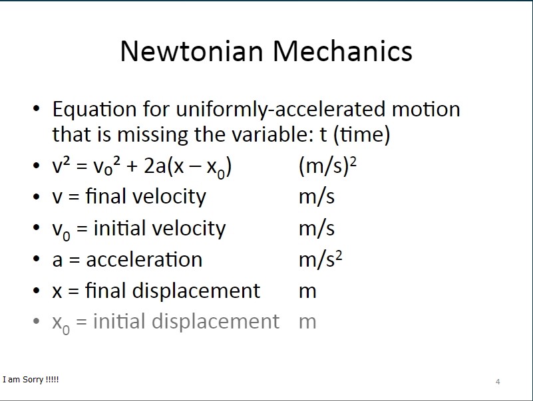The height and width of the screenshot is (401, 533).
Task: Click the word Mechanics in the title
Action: (343, 51)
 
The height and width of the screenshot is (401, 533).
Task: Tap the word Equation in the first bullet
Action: (94, 110)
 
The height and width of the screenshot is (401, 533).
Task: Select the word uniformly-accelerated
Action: (280, 110)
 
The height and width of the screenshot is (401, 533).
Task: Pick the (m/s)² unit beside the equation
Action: (327, 166)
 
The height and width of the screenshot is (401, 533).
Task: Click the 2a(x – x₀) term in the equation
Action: (188, 167)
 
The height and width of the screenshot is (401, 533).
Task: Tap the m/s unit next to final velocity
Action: (317, 197)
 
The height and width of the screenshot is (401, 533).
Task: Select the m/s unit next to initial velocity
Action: (317, 228)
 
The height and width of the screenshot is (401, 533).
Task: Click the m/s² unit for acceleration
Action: (320, 259)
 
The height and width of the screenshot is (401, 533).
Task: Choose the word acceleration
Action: (144, 260)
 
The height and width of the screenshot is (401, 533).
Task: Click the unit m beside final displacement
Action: (307, 291)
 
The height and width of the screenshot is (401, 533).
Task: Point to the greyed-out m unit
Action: (307, 322)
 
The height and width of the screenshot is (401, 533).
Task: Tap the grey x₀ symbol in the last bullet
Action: (61, 324)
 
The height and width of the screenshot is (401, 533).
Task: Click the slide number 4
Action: (498, 382)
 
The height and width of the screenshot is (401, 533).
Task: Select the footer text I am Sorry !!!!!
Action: (31, 379)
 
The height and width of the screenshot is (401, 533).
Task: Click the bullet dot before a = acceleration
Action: (37, 259)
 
